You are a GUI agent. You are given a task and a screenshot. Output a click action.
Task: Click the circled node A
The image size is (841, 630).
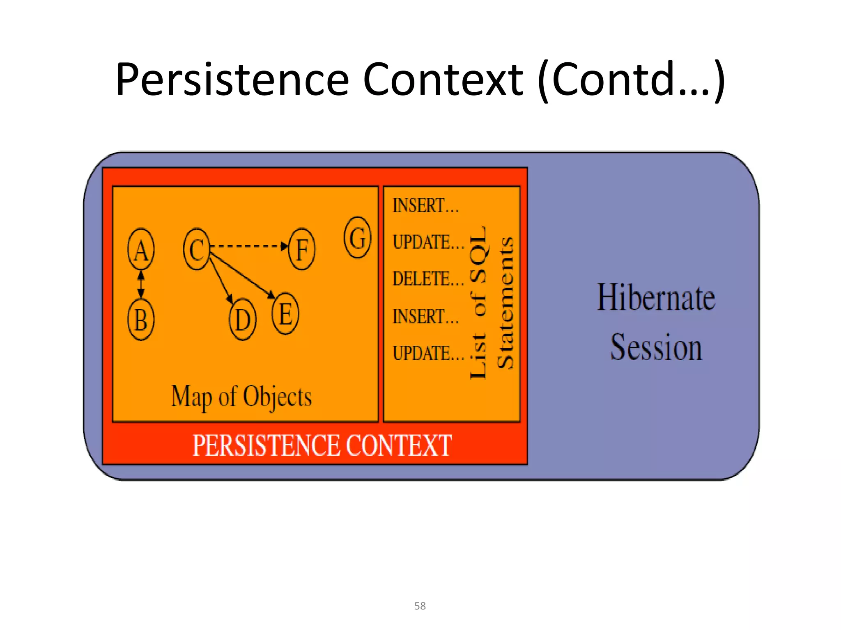[141, 249]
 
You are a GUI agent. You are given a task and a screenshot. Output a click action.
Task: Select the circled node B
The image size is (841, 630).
[141, 320]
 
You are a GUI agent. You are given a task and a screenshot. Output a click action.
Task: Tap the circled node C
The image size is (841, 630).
[197, 249]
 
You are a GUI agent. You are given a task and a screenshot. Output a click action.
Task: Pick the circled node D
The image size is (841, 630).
[242, 320]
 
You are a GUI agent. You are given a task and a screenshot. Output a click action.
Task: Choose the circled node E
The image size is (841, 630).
[285, 314]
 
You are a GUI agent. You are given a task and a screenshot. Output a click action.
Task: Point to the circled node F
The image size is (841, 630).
[302, 249]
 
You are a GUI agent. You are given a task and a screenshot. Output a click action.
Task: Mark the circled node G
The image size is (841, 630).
[357, 237]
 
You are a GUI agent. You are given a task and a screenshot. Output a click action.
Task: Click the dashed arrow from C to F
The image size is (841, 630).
[248, 246]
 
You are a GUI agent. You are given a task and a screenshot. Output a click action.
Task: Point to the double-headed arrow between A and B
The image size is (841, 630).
[141, 284]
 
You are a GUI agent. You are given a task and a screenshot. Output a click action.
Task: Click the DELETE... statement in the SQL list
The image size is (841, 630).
[428, 279]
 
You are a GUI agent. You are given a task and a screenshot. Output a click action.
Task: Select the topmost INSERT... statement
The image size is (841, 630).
[426, 205]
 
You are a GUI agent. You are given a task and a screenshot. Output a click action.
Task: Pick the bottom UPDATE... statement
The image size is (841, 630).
[428, 353]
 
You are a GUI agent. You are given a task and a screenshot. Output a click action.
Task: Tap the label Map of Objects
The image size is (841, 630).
[241, 397]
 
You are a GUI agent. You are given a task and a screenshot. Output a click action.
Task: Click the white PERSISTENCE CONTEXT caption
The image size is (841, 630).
[322, 445]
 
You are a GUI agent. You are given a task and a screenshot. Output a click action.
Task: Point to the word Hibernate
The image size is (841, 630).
[656, 297]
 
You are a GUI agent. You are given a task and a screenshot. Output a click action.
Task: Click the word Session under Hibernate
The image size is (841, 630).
[656, 347]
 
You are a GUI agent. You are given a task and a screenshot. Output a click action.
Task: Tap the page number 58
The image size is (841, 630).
[420, 606]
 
